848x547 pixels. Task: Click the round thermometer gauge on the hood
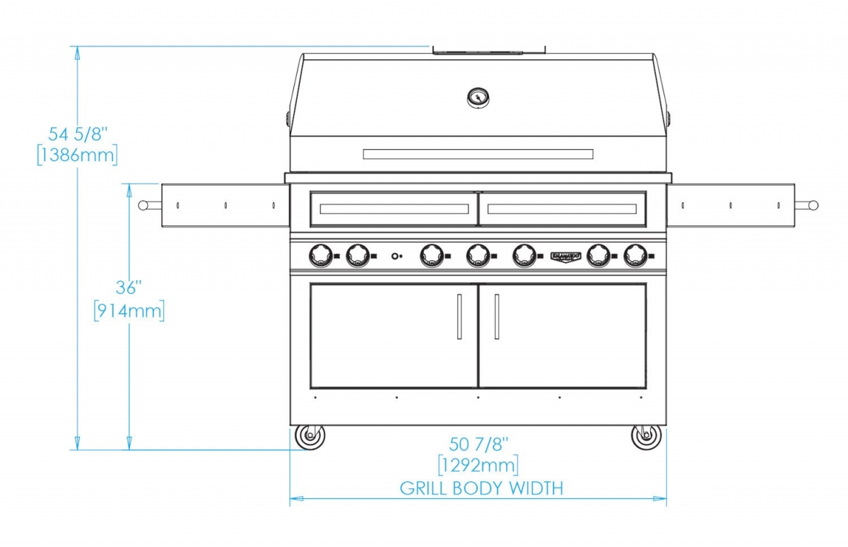click(478, 98)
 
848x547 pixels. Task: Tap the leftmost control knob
click(321, 256)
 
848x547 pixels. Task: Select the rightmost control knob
click(636, 256)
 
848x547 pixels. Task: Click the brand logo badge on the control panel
click(565, 257)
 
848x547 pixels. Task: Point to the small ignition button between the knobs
click(395, 257)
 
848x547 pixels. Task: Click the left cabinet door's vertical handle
click(459, 317)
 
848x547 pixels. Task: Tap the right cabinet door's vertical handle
click(497, 317)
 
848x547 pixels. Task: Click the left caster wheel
click(310, 437)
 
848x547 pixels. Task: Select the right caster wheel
click(647, 437)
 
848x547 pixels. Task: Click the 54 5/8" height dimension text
click(78, 134)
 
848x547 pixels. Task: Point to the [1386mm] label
click(77, 155)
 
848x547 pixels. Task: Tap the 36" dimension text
click(129, 288)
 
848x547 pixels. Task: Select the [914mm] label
click(129, 311)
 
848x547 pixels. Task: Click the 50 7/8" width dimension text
click(478, 445)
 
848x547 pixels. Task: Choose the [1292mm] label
click(478, 465)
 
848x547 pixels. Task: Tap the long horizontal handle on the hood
click(478, 154)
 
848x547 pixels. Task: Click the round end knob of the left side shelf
click(143, 206)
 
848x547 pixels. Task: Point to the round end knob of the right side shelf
click(813, 206)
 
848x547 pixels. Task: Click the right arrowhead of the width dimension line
click(660, 498)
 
